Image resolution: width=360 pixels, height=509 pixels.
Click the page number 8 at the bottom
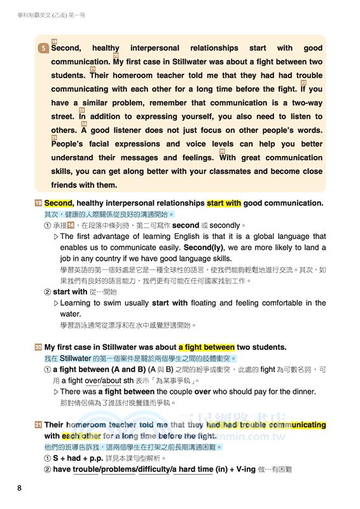(x=20, y=488)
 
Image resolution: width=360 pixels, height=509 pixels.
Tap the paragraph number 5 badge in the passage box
(x=43, y=48)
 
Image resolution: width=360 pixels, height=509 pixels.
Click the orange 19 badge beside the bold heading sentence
(x=39, y=203)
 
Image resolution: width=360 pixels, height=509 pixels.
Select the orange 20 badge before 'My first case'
(x=39, y=347)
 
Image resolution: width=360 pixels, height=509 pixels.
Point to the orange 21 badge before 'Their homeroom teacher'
(x=39, y=425)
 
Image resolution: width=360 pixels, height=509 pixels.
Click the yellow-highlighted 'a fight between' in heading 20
(x=207, y=347)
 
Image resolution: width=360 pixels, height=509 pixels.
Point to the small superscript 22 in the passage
(x=303, y=83)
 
